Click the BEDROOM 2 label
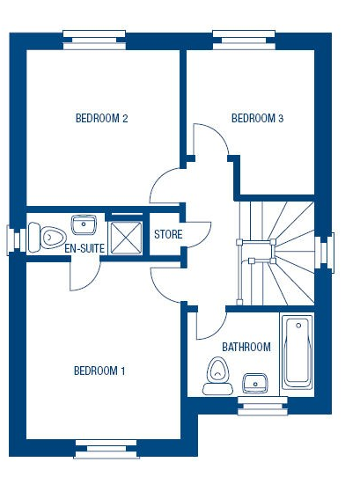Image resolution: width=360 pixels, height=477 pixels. [x=101, y=118]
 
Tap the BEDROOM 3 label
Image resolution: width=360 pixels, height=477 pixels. [x=257, y=118]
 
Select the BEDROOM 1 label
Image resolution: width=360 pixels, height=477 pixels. [x=99, y=371]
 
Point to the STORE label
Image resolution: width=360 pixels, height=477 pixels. [x=168, y=234]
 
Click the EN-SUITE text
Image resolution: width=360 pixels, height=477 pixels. [x=84, y=248]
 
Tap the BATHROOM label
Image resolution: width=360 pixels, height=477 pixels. [x=246, y=347]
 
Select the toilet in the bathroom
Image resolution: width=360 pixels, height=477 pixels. [x=218, y=376]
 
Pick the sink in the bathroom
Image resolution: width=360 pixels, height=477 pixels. [x=255, y=383]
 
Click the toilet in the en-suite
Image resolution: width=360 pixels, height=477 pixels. [x=48, y=238]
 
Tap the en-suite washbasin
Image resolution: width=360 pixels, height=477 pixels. [x=84, y=224]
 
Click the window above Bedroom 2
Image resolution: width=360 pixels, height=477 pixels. [x=94, y=40]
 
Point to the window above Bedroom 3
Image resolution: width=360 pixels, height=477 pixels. [x=244, y=40]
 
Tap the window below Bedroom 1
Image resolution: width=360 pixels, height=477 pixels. [x=107, y=449]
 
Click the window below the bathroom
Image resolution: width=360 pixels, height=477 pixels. [x=262, y=406]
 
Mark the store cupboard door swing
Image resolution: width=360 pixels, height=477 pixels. [x=198, y=234]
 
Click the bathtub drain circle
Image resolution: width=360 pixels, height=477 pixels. [x=298, y=326]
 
